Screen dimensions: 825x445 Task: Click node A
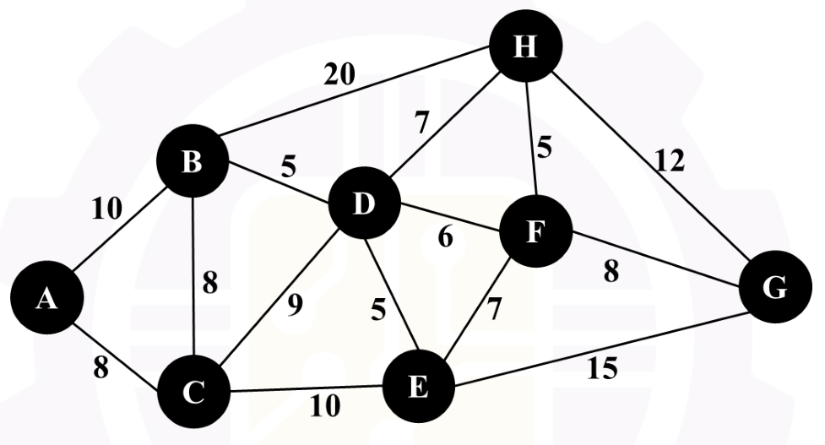[x=46, y=298]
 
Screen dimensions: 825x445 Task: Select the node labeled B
[x=193, y=161]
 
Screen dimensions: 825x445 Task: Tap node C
[x=193, y=391]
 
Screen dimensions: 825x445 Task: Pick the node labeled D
[x=364, y=203]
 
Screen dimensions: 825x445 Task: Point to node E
[x=418, y=387]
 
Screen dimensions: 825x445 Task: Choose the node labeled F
[x=535, y=231]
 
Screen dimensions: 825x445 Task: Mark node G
[x=775, y=287]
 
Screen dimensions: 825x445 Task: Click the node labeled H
[x=525, y=46]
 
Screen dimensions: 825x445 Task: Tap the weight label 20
[x=339, y=74]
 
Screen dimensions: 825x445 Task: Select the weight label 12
[x=670, y=160]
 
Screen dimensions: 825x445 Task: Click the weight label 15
[x=602, y=368]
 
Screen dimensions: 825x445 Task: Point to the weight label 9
[x=296, y=305]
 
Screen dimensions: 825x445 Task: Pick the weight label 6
[x=445, y=237]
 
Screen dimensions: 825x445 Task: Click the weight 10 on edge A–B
[x=106, y=209]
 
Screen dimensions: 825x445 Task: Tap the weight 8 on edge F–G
[x=611, y=272]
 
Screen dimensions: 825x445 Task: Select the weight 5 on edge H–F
[x=544, y=148]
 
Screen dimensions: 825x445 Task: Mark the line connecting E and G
[x=602, y=350]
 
